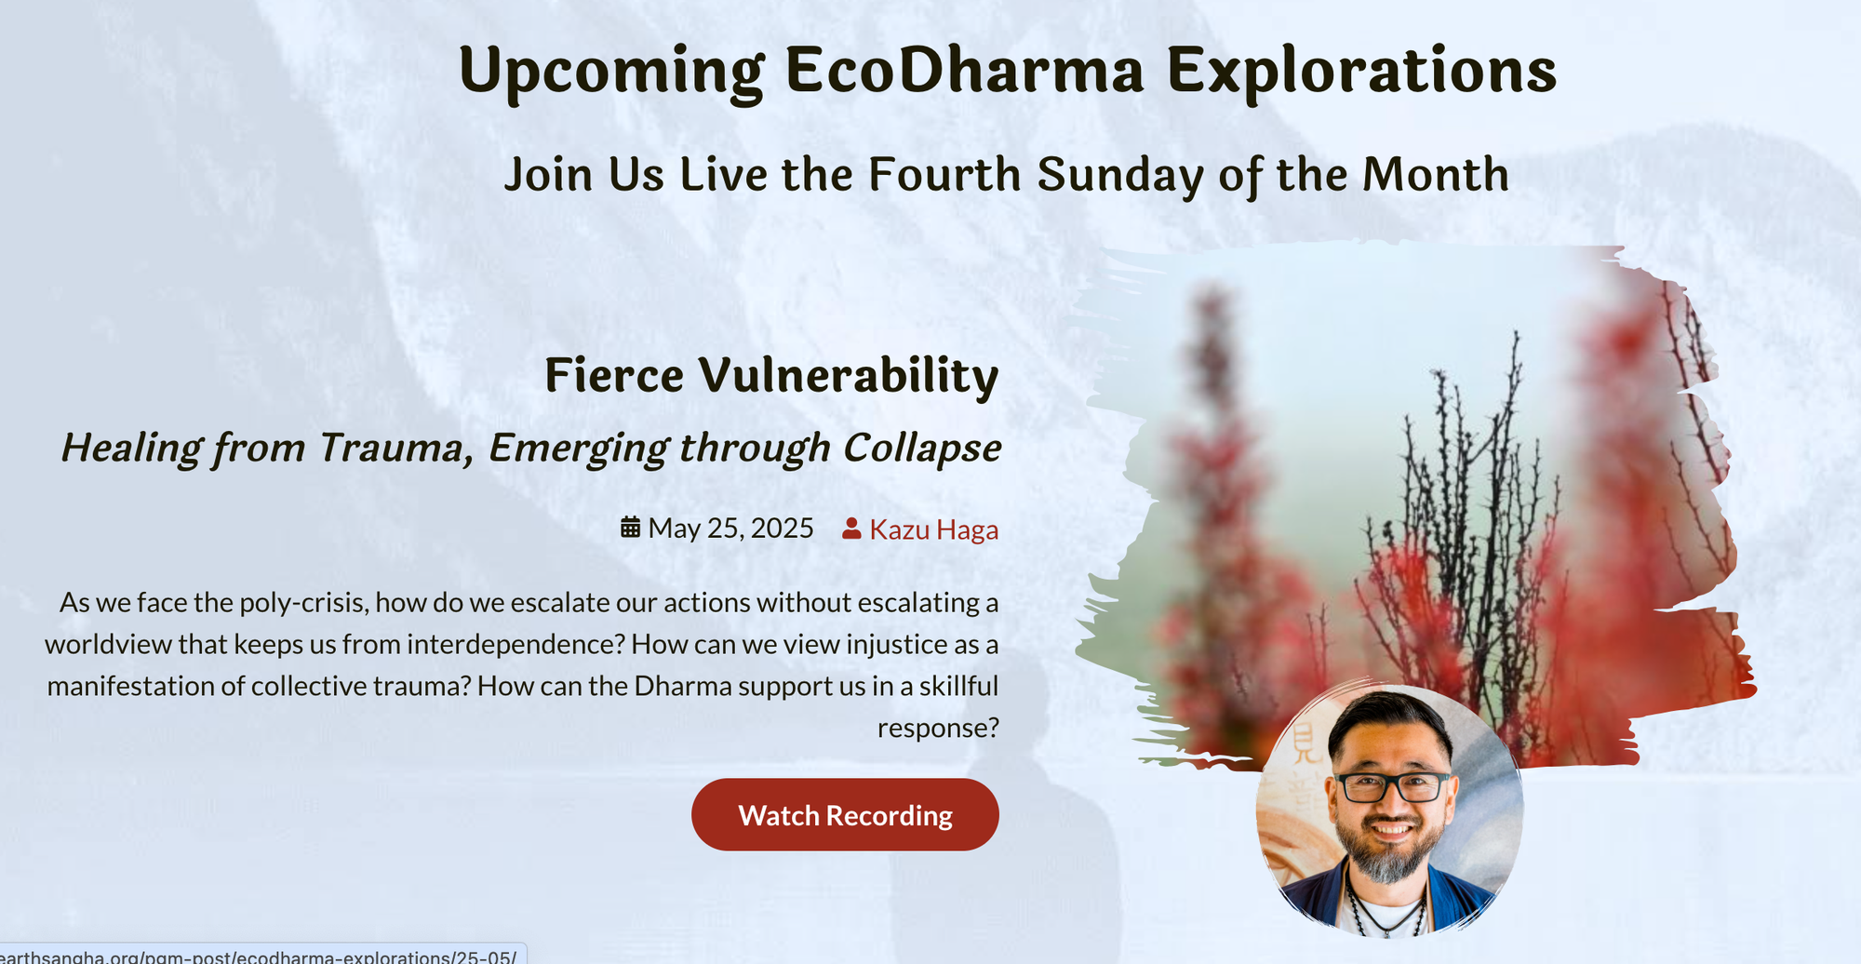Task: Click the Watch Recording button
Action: (x=845, y=815)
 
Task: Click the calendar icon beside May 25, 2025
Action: (x=631, y=528)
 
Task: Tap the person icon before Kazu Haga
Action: (x=851, y=529)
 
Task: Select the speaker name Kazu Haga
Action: (x=934, y=529)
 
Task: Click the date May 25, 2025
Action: (x=731, y=529)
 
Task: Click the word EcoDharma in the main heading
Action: (x=964, y=71)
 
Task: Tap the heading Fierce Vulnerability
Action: (x=771, y=375)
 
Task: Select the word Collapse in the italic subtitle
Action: (x=922, y=448)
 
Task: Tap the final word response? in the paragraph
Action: (x=938, y=728)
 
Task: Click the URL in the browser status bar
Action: (x=259, y=956)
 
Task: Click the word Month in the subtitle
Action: (x=1436, y=174)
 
